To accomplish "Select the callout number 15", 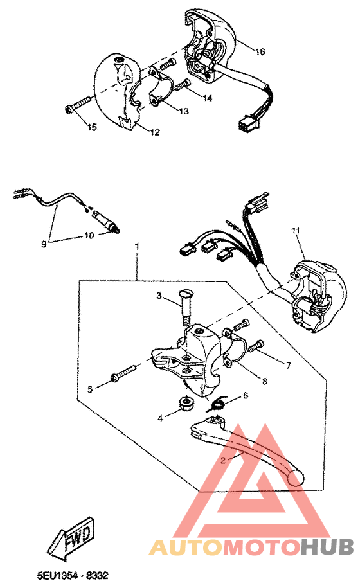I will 92,128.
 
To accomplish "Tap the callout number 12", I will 155,132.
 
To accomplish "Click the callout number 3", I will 158,295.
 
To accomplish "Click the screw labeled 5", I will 123,373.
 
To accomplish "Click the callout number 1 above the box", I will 137,246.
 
